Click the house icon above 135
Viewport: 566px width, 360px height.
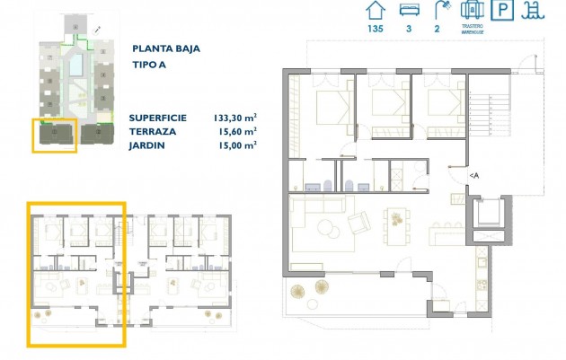tap(376, 12)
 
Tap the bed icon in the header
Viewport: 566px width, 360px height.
tap(409, 12)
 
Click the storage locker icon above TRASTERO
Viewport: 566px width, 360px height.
tap(473, 11)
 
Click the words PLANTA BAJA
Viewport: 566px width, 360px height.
tap(166, 49)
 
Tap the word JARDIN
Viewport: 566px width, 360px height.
tap(147, 145)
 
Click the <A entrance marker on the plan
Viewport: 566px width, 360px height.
tap(473, 176)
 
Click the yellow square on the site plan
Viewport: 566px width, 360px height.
tap(55, 135)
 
